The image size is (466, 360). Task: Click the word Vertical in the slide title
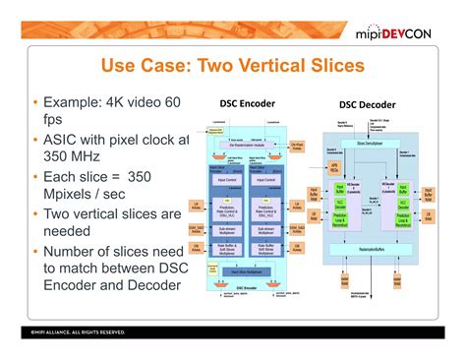click(268, 67)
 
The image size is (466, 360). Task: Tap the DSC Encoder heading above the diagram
click(247, 102)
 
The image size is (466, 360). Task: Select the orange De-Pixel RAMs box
click(297, 145)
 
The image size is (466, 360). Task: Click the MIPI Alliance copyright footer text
click(64, 332)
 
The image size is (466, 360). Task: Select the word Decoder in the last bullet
click(151, 285)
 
